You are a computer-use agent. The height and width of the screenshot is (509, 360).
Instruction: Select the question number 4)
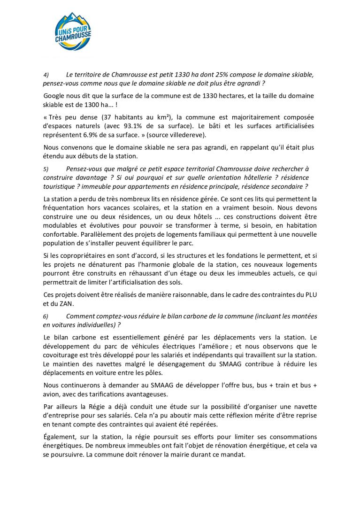click(46, 75)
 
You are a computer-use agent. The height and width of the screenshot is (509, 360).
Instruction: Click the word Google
click(54, 96)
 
